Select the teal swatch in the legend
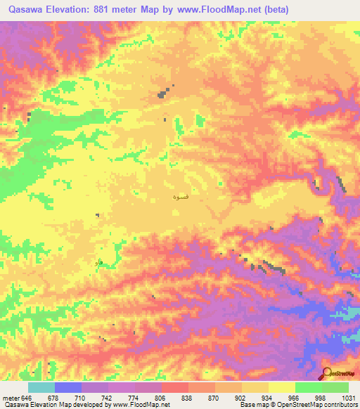click(x=41, y=387)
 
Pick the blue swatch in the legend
click(x=68, y=387)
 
